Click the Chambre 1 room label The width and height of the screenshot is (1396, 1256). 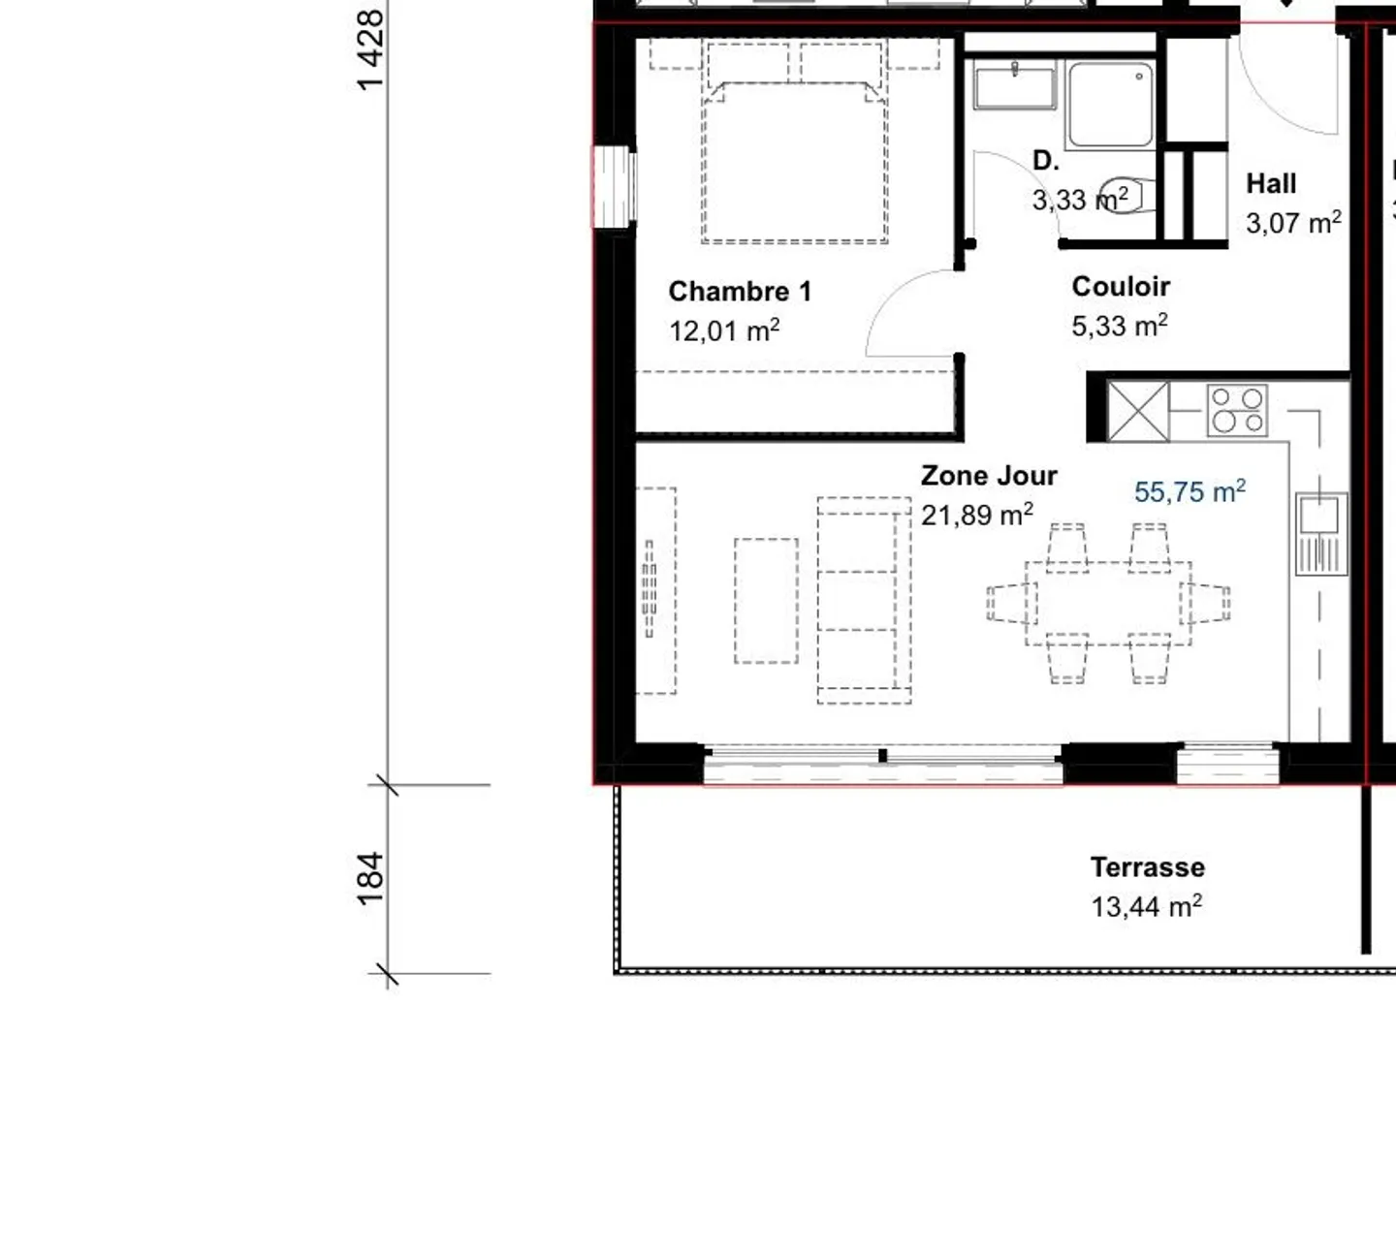(x=740, y=292)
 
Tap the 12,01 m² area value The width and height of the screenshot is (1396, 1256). (x=723, y=331)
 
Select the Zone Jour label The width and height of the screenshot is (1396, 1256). (x=989, y=476)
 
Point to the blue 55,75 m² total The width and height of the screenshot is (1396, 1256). (x=1190, y=492)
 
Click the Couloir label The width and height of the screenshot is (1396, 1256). (x=1121, y=287)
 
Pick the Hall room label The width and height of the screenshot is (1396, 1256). (x=1271, y=184)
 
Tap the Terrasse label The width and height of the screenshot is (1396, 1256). (x=1147, y=867)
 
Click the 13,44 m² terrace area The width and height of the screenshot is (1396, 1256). (x=1146, y=907)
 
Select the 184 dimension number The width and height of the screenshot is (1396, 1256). (x=371, y=878)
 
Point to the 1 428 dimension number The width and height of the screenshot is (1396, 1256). (x=371, y=50)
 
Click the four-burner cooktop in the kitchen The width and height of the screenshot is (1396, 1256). (x=1237, y=411)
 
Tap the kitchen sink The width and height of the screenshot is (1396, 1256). (x=1319, y=516)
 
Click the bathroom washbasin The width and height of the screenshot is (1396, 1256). (x=1015, y=87)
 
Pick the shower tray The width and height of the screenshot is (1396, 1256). (x=1111, y=104)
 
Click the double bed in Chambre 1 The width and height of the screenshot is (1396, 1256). (x=794, y=155)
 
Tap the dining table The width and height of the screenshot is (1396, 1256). (x=1108, y=603)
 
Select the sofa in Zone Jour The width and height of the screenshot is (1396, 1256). (x=864, y=601)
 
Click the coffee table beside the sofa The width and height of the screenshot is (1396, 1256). (x=766, y=601)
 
